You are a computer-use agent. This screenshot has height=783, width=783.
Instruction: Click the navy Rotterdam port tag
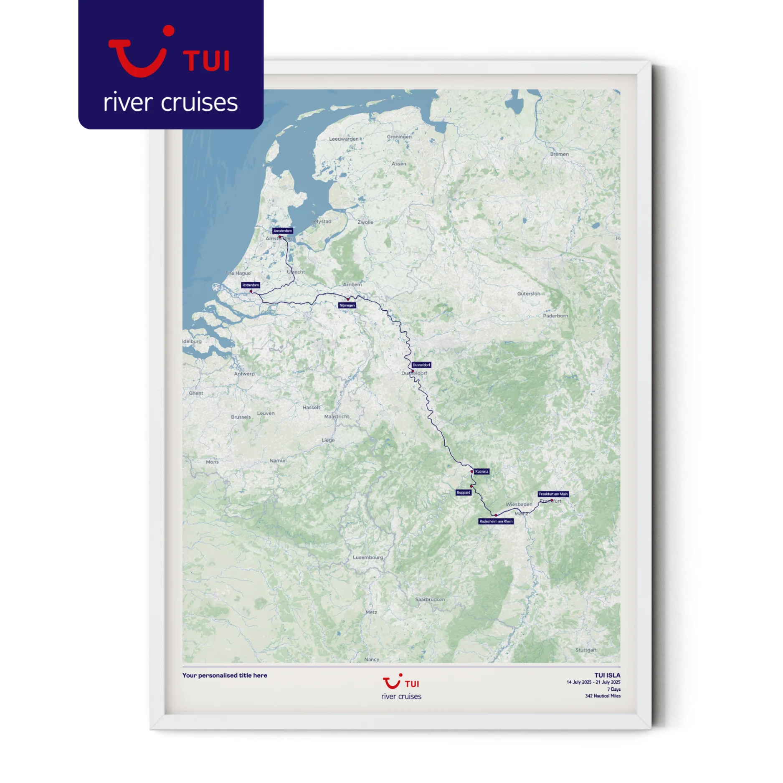click(251, 285)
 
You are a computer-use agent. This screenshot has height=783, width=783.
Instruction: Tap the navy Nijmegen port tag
click(347, 305)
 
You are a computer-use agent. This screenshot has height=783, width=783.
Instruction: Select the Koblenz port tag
click(481, 471)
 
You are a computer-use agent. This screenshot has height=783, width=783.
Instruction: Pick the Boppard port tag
click(464, 492)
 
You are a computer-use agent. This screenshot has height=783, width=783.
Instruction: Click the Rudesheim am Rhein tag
click(496, 521)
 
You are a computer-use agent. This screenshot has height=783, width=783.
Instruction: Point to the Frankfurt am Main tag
click(553, 494)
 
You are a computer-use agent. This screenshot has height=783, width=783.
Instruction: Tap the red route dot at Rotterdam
click(251, 291)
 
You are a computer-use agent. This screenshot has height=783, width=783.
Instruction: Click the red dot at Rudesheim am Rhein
click(496, 515)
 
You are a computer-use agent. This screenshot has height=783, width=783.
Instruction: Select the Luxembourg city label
click(367, 557)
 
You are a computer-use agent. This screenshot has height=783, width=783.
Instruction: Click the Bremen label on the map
click(559, 154)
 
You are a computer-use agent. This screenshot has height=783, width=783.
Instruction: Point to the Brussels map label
click(241, 417)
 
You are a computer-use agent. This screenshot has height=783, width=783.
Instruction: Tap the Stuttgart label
click(586, 650)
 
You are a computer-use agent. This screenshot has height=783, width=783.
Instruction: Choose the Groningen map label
click(399, 137)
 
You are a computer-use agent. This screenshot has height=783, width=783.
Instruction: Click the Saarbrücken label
click(430, 599)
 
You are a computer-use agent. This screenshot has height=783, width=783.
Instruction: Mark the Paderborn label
click(555, 316)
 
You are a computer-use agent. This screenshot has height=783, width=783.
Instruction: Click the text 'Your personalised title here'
click(225, 675)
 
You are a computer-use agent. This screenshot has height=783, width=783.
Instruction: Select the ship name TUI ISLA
click(607, 675)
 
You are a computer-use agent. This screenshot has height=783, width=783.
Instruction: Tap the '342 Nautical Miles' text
click(603, 696)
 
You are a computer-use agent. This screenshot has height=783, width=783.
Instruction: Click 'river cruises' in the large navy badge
click(170, 102)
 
